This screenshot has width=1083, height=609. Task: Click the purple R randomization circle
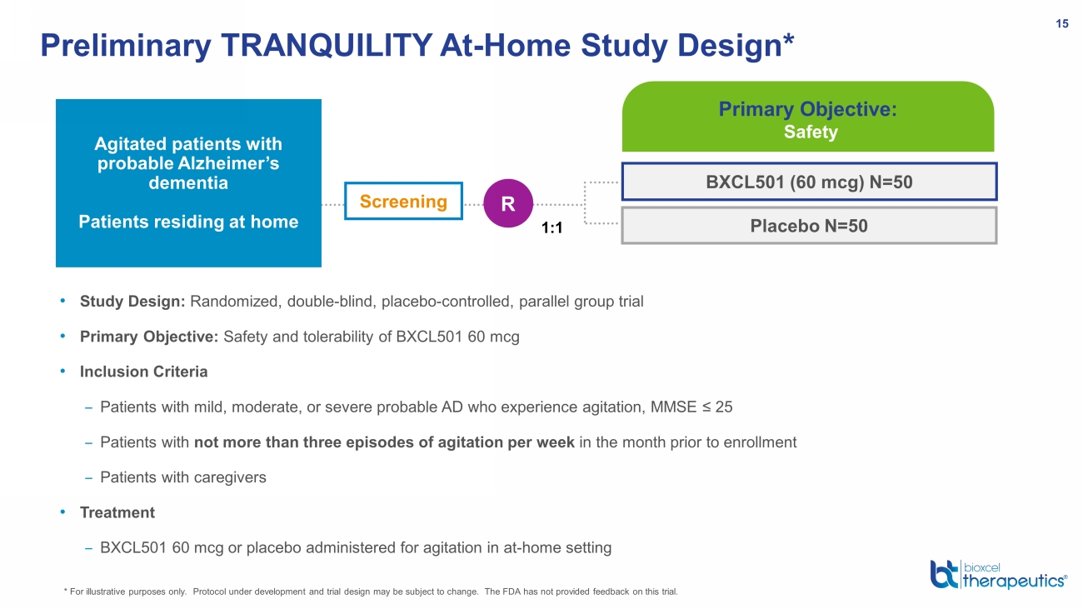click(508, 203)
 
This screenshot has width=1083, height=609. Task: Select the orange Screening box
click(404, 201)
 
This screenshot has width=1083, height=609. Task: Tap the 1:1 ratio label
click(551, 227)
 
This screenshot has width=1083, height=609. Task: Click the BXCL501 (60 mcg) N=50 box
click(810, 182)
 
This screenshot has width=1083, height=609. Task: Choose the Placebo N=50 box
click(810, 226)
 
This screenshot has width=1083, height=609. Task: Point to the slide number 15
click(1061, 23)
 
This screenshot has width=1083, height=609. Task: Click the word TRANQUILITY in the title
click(327, 46)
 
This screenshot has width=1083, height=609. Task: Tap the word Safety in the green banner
click(811, 132)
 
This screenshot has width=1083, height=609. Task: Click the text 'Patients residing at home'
click(188, 222)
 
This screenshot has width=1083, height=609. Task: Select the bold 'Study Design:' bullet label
click(132, 302)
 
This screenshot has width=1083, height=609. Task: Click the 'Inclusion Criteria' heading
click(143, 372)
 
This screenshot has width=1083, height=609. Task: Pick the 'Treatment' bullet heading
click(117, 512)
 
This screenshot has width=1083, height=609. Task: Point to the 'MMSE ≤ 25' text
click(691, 407)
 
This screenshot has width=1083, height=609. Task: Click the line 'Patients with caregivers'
click(183, 477)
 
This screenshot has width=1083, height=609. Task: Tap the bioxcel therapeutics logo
click(998, 575)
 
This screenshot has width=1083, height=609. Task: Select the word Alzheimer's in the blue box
click(229, 163)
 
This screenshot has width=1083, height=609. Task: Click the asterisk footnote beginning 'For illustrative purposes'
click(371, 592)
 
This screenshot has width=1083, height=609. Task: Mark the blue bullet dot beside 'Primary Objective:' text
click(62, 336)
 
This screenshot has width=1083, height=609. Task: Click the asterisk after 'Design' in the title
click(789, 38)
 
